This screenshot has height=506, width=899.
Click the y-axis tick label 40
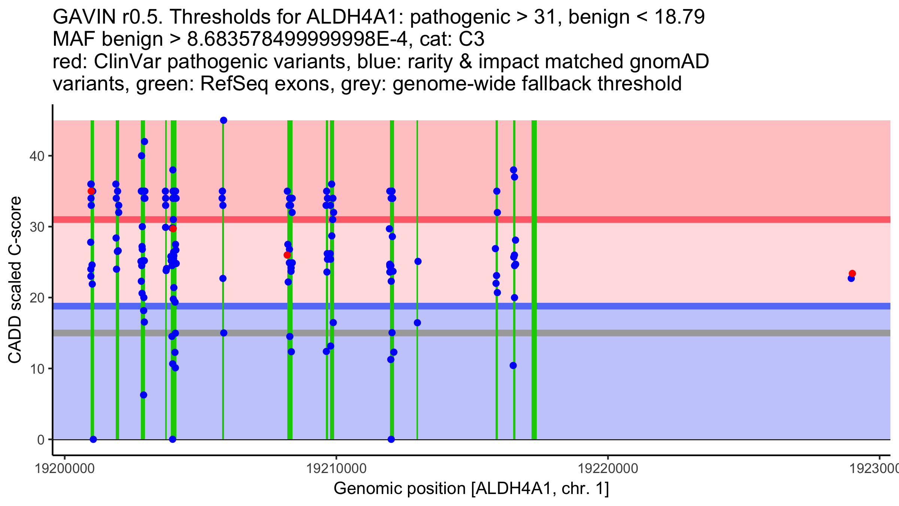(x=37, y=156)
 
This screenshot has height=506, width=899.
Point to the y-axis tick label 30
(x=37, y=227)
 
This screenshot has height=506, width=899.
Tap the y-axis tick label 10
(x=37, y=369)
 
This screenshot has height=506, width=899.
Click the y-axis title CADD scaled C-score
(x=15, y=280)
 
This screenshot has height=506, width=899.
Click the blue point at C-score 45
(x=224, y=120)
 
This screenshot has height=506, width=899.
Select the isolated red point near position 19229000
(x=852, y=274)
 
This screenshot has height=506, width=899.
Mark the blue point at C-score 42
(x=145, y=142)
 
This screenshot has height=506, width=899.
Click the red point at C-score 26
(x=287, y=255)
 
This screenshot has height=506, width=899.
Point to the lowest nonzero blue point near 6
(x=143, y=395)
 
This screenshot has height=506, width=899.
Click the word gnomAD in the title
(x=669, y=62)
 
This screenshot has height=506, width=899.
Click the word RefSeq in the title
(x=234, y=84)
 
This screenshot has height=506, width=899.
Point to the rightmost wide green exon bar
(x=534, y=280)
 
